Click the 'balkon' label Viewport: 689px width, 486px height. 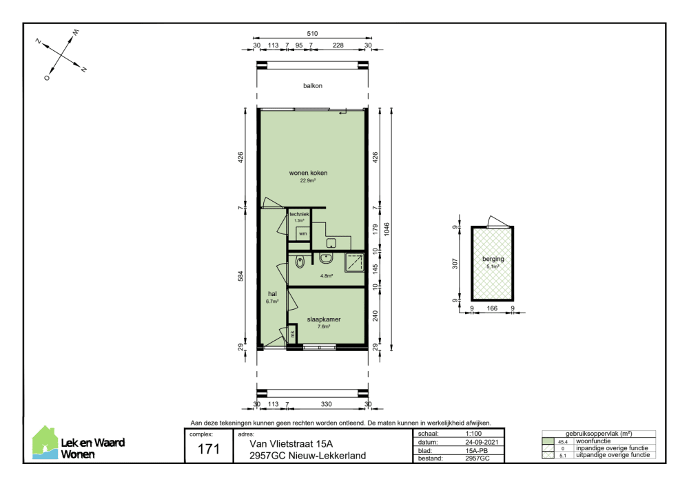(x=312, y=85)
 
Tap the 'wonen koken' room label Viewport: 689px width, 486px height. (x=308, y=173)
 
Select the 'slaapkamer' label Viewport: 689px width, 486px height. (x=324, y=319)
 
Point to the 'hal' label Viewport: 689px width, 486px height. (x=272, y=294)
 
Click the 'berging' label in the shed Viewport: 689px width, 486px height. (x=493, y=259)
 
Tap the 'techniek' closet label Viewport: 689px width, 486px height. (x=299, y=214)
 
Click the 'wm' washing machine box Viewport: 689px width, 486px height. (x=302, y=233)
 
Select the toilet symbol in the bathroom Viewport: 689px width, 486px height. (x=300, y=262)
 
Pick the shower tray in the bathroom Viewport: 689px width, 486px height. (x=355, y=262)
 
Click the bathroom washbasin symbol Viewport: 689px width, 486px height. (x=326, y=258)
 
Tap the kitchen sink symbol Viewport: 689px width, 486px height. (x=331, y=243)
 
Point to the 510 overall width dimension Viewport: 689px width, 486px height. (x=312, y=33)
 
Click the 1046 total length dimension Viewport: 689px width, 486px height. (x=387, y=229)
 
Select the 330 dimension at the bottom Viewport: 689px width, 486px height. (x=326, y=404)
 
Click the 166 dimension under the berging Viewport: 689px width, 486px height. (x=492, y=308)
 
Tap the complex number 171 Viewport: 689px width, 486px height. (x=209, y=449)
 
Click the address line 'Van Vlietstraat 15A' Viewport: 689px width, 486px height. (x=291, y=444)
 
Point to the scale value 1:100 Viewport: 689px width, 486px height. (x=474, y=433)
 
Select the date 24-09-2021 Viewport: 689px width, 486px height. (x=482, y=442)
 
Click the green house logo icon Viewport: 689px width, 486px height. (x=45, y=443)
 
